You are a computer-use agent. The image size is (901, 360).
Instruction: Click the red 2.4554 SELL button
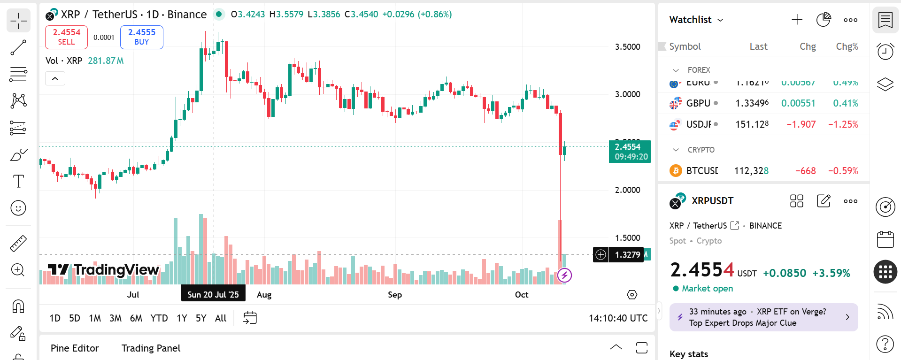point(66,37)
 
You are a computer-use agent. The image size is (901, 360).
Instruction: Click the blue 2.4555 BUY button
point(141,37)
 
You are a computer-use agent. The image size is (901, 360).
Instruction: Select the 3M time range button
point(116,318)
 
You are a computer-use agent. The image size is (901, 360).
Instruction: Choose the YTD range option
point(159,318)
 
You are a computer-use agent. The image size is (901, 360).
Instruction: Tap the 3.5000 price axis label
point(627,47)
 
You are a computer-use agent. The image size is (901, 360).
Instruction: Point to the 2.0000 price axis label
point(627,190)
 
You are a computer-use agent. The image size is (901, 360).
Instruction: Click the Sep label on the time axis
point(394,295)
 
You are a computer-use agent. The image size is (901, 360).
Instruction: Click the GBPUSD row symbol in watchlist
point(698,103)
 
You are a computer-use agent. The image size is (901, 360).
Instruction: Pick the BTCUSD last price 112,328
point(751,171)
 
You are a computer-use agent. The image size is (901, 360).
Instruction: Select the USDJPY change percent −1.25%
point(843,124)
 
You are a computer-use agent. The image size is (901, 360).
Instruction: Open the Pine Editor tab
point(75,348)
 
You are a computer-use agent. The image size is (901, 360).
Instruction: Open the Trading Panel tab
point(151,348)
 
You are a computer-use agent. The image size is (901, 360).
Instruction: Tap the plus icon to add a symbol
point(797,20)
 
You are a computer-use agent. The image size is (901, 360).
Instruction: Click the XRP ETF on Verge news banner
point(763,317)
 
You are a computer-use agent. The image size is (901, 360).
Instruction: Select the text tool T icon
point(18,181)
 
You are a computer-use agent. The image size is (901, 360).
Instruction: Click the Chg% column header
point(847,46)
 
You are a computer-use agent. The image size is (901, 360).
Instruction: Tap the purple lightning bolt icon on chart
point(564,275)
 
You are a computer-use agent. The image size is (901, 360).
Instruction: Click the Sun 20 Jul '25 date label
point(213,295)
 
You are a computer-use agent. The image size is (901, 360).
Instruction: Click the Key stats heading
point(688,354)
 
